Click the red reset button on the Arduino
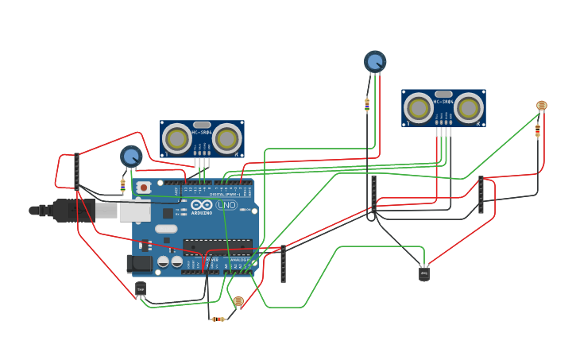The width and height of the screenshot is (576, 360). [143, 188]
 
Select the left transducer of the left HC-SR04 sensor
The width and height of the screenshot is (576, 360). [176, 139]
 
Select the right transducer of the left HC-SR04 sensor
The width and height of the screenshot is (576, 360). [226, 139]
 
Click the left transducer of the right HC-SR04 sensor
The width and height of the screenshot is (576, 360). [418, 108]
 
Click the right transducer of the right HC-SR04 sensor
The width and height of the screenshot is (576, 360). [469, 108]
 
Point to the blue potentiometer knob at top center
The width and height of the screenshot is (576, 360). [375, 61]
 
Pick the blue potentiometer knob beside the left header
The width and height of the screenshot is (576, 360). [131, 157]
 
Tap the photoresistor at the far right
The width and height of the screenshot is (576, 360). [542, 106]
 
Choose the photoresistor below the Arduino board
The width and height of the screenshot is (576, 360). [238, 301]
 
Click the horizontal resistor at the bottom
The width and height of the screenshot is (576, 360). [218, 319]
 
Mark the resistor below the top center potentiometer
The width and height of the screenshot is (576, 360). [366, 103]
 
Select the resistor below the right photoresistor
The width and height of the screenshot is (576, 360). [538, 130]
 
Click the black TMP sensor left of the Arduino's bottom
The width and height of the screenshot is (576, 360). [141, 288]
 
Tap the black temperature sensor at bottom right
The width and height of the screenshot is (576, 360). [424, 274]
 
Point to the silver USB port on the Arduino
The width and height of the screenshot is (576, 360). [134, 210]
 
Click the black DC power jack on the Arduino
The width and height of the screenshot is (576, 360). [140, 263]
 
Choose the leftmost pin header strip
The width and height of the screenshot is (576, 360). [76, 171]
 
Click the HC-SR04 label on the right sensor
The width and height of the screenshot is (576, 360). [443, 102]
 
